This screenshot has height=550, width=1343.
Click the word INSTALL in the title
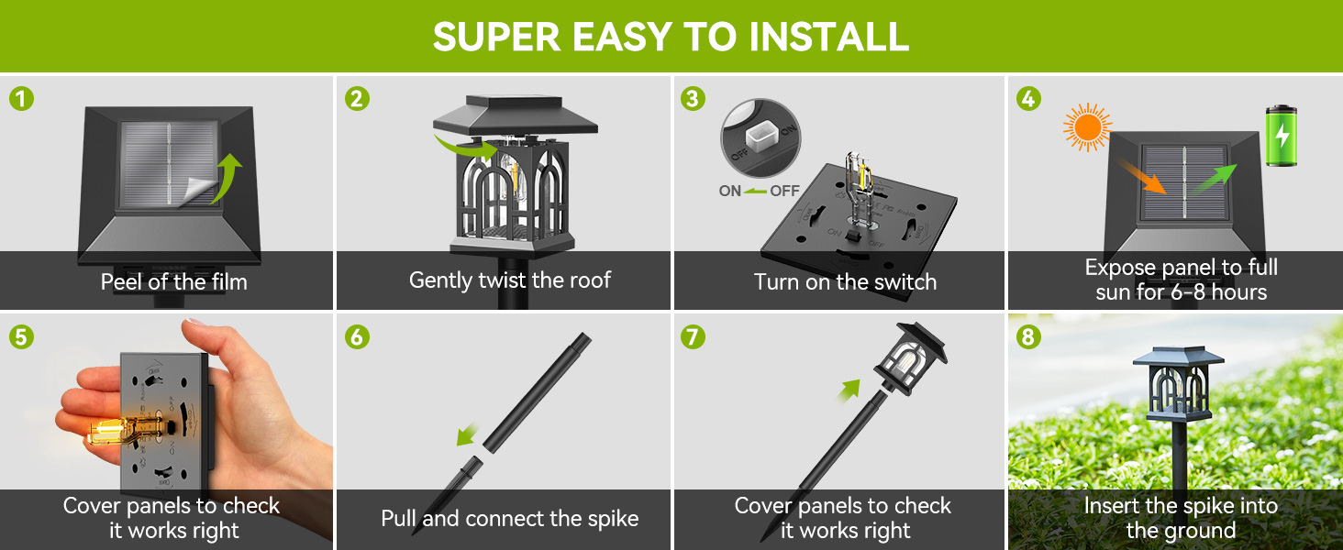click(828, 36)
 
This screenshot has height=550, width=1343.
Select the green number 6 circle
click(357, 336)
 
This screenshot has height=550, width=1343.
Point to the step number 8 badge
click(1027, 336)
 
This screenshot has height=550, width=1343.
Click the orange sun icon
click(1087, 129)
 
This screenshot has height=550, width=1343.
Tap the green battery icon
click(1282, 137)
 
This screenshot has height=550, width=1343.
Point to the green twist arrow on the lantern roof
click(460, 145)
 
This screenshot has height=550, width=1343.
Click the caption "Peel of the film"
click(173, 281)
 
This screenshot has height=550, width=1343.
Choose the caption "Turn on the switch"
click(845, 281)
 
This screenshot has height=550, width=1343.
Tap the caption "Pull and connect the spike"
click(509, 519)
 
